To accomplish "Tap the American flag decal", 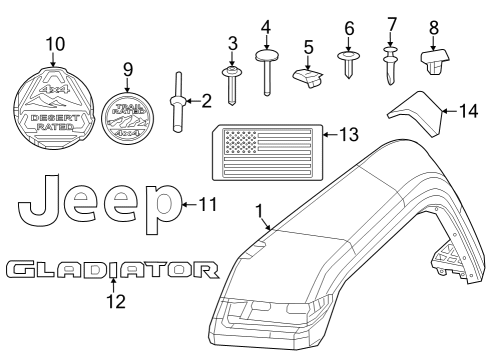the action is pyautogui.click(x=266, y=152).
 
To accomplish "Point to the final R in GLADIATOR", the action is pyautogui.click(x=206, y=270).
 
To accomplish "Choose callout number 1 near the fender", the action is pyautogui.click(x=259, y=211).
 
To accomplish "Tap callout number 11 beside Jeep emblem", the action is pyautogui.click(x=208, y=205).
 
